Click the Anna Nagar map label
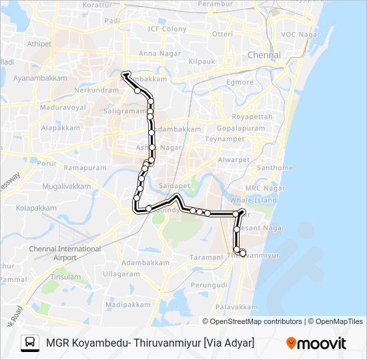tap(155, 53)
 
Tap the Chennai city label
tap(264, 55)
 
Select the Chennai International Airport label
tap(65, 253)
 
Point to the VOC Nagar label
tap(301, 34)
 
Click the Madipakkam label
tap(129, 304)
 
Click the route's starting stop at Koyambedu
tap(125, 75)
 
